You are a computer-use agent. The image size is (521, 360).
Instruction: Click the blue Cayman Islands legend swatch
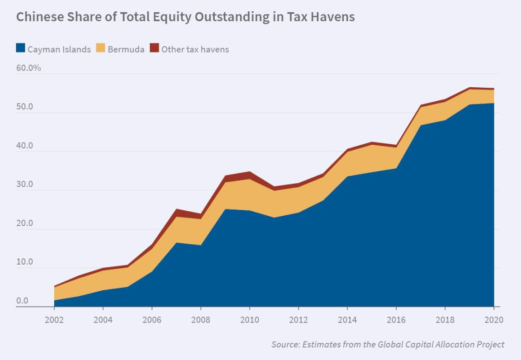coord(20,49)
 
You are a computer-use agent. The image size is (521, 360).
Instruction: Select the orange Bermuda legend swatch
coord(100,49)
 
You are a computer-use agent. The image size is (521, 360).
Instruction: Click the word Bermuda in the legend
coord(126,49)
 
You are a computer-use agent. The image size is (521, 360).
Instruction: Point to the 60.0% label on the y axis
coord(28,68)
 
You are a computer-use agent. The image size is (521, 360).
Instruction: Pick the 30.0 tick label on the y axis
coord(24,185)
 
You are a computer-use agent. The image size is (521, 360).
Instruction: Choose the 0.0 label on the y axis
coord(22,301)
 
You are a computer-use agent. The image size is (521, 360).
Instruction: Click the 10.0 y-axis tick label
coord(24,262)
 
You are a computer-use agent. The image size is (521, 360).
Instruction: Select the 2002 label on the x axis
coord(54,320)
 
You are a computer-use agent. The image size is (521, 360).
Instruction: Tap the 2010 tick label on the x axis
coord(250,320)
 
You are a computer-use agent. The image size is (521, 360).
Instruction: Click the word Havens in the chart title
coord(333,17)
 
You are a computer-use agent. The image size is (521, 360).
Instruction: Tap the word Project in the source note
coord(489,345)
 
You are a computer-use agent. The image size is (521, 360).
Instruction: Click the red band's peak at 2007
coord(176,210)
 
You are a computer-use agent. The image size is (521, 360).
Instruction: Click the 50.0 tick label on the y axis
coord(24,107)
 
